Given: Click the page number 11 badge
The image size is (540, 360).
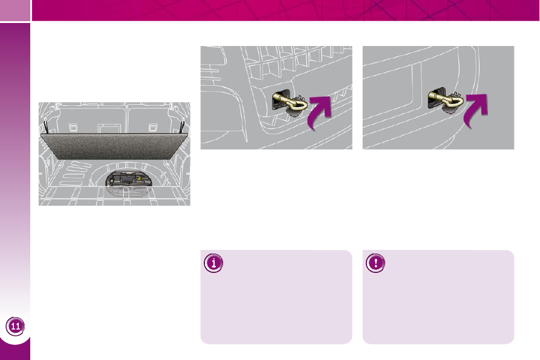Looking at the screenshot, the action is tap(15, 326).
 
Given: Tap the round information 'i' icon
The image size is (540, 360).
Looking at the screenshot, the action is tap(213, 263).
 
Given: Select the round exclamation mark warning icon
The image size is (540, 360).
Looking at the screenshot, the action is tap(376, 263).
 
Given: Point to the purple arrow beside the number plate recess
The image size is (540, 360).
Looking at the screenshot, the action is tap(476, 110).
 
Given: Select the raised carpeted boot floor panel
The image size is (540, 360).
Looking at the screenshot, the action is tap(114, 146).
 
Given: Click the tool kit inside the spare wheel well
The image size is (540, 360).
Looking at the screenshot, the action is tap(128, 179).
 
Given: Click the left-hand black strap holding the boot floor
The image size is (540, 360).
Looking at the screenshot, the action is tap(46, 126).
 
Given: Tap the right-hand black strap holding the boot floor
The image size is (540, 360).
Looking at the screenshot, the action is tap(183, 126).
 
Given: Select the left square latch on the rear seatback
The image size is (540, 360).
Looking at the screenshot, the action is tap(73, 128).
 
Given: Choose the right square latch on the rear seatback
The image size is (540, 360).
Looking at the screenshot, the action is tap(152, 128).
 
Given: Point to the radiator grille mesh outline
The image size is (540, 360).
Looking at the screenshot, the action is tap(293, 64).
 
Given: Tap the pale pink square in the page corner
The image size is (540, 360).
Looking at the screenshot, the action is tap(15, 10).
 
